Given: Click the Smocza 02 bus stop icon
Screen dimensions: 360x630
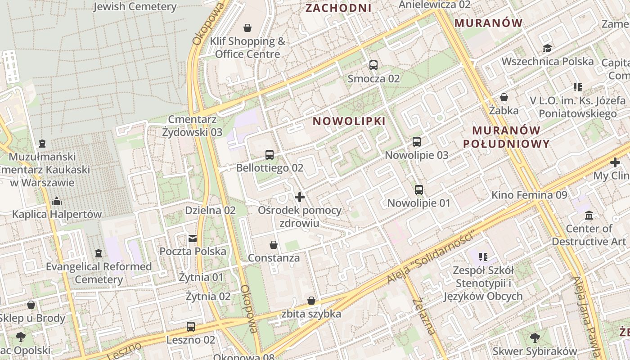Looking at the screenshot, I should pyautogui.click(x=373, y=65).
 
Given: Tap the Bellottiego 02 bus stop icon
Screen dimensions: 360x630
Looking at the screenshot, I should pyautogui.click(x=270, y=155).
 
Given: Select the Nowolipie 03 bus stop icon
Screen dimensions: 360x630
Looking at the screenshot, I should pyautogui.click(x=417, y=142).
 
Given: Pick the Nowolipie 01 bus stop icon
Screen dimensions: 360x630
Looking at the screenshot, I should pyautogui.click(x=419, y=190).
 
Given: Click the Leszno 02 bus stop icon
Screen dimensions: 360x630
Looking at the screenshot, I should pyautogui.click(x=191, y=327).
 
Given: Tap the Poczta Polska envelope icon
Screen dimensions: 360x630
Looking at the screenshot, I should pyautogui.click(x=193, y=238).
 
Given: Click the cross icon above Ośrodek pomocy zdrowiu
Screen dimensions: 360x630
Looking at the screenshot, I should pyautogui.click(x=299, y=197).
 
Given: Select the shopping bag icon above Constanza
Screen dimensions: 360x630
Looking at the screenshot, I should pyautogui.click(x=273, y=245).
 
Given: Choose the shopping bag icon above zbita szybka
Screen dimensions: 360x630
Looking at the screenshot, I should pyautogui.click(x=311, y=301).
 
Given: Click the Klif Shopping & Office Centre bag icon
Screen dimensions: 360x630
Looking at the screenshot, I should pyautogui.click(x=247, y=28).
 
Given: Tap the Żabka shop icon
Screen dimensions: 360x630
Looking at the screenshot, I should pyautogui.click(x=504, y=97).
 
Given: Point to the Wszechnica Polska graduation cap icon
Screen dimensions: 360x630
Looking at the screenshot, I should pyautogui.click(x=547, y=48).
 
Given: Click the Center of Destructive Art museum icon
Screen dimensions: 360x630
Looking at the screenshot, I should pyautogui.click(x=589, y=216).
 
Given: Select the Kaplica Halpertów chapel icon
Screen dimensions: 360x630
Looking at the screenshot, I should pyautogui.click(x=57, y=201).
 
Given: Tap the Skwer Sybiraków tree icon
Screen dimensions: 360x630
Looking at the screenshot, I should pyautogui.click(x=535, y=337).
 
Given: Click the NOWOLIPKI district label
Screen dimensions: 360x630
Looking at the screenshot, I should pyautogui.click(x=349, y=121).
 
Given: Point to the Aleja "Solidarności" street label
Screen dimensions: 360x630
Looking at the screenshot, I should pyautogui.click(x=431, y=258).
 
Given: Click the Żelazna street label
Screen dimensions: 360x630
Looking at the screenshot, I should pyautogui.click(x=423, y=316).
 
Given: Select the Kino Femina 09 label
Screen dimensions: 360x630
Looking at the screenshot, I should pyautogui.click(x=529, y=195).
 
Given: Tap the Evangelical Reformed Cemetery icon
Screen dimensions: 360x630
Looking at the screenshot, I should pyautogui.click(x=99, y=253).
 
